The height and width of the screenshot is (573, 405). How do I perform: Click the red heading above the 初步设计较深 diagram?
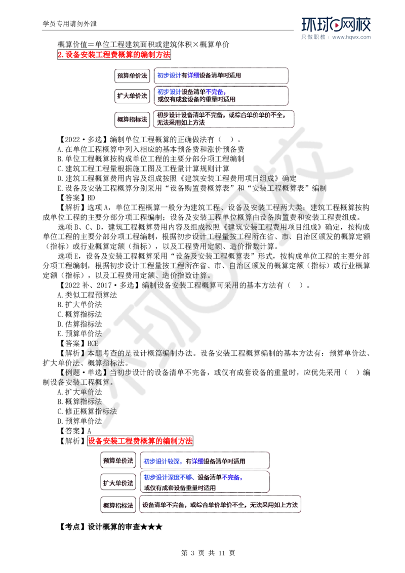(x=140, y=441)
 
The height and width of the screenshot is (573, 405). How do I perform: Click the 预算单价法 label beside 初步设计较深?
(x=117, y=461)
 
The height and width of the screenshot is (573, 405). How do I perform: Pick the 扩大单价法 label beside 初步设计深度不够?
(x=117, y=482)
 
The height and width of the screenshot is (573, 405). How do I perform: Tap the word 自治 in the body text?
(x=237, y=265)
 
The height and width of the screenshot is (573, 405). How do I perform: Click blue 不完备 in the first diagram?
(x=215, y=92)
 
